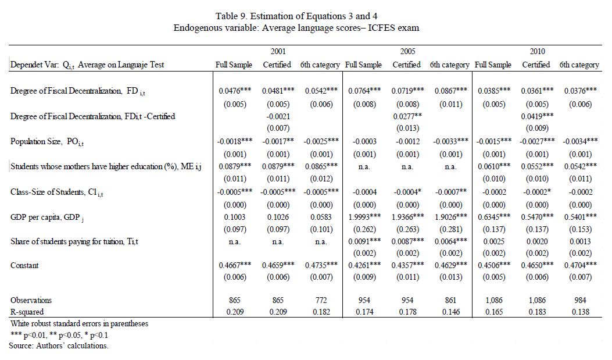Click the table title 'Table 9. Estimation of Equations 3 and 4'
(x=296, y=16)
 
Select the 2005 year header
(x=407, y=51)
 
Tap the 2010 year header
(x=537, y=51)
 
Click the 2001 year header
(x=278, y=51)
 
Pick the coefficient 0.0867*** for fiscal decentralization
(x=451, y=91)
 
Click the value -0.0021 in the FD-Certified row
(x=278, y=116)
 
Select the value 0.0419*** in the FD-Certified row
(x=537, y=116)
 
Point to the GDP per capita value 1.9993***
(x=364, y=217)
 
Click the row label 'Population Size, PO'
(x=47, y=142)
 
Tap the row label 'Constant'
(x=24, y=266)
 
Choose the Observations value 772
(x=321, y=300)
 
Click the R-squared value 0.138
(x=581, y=312)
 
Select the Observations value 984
(x=581, y=300)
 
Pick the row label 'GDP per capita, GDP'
(x=47, y=218)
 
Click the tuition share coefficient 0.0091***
(x=364, y=242)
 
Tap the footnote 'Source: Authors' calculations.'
(x=59, y=346)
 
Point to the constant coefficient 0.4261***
(x=364, y=266)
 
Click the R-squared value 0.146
(x=451, y=312)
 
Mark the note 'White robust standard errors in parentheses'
(x=79, y=324)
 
